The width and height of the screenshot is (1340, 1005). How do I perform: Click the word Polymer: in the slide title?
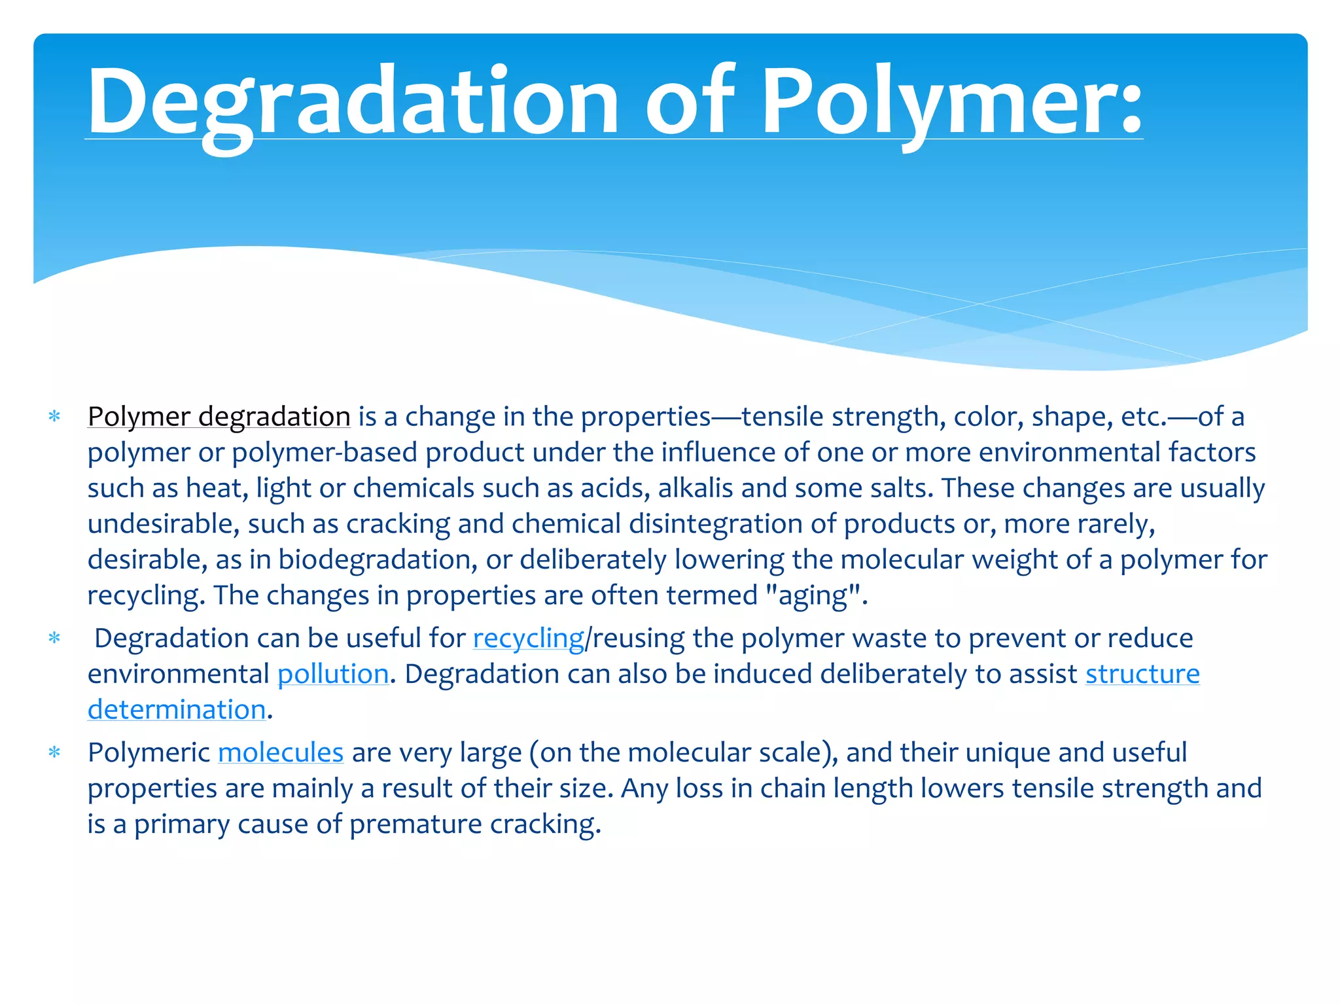tap(952, 101)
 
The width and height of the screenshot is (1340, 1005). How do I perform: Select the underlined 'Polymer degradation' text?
tap(219, 417)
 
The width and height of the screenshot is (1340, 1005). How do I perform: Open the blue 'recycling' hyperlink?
tap(528, 639)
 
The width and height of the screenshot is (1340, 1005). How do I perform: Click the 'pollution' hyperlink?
tap(333, 675)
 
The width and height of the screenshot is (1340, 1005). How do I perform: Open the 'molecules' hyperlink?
tap(280, 753)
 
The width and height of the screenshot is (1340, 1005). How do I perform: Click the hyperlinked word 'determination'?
tap(177, 710)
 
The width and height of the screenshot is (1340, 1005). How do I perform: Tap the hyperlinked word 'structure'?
tap(1142, 675)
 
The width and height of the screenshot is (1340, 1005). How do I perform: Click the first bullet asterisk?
tap(54, 417)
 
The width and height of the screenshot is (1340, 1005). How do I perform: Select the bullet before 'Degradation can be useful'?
tap(54, 639)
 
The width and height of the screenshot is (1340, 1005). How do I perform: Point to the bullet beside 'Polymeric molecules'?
tap(54, 753)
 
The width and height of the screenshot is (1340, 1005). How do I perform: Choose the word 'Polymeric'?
tap(149, 753)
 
